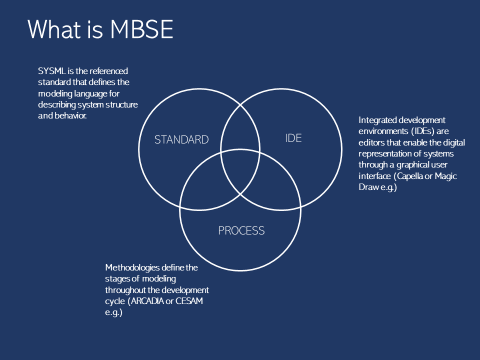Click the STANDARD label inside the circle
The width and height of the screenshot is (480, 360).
click(x=181, y=139)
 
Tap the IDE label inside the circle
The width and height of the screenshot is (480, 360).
click(x=293, y=138)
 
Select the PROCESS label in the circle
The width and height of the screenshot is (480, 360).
click(x=241, y=230)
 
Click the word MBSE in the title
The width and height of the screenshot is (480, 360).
click(x=141, y=29)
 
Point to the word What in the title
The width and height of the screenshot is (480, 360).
click(x=54, y=29)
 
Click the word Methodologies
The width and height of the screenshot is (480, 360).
click(x=132, y=268)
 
